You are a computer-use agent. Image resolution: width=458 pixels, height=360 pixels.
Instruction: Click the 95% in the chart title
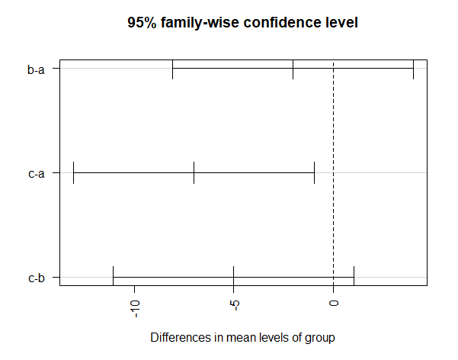click(x=143, y=24)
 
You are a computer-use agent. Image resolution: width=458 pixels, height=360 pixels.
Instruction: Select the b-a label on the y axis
click(x=36, y=69)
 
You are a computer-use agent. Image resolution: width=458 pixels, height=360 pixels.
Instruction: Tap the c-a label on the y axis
click(x=36, y=173)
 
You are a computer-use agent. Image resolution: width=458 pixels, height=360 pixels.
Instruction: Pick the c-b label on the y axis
click(x=36, y=278)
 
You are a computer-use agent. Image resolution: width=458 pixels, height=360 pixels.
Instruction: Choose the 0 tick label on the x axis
click(x=334, y=304)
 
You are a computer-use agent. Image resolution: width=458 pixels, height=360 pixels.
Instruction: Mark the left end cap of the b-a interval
click(x=173, y=69)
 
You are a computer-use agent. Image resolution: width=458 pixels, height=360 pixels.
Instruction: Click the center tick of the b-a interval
click(x=293, y=69)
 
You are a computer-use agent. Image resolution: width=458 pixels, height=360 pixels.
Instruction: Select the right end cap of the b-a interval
click(x=413, y=69)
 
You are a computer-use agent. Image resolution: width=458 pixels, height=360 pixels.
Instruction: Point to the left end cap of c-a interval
click(x=73, y=173)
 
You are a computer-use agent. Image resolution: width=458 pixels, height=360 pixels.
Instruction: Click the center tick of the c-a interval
click(x=194, y=173)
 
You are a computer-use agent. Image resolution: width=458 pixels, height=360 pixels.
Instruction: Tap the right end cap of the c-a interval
click(x=314, y=173)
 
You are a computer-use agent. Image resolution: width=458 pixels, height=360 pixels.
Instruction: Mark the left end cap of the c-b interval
click(x=113, y=277)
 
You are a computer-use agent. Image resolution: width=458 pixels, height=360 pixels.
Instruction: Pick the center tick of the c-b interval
click(x=233, y=277)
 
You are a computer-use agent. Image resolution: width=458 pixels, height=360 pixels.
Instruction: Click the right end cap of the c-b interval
click(x=354, y=277)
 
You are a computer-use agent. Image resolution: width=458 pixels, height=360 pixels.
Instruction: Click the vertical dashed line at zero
click(x=334, y=122)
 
